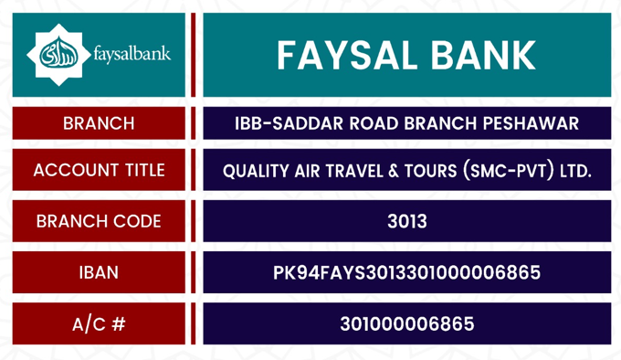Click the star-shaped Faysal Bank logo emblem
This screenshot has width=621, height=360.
coord(58,55)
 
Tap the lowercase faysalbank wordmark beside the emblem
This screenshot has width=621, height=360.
coord(132,54)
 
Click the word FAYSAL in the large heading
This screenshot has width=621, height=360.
coord(347,55)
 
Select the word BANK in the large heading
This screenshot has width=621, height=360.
coord(483,55)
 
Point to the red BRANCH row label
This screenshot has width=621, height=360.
coord(99,123)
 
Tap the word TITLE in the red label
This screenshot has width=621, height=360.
coord(145,170)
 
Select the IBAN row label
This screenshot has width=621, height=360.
coord(99,272)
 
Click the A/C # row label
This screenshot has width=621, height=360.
coord(99,324)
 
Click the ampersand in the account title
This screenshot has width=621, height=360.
coord(394,171)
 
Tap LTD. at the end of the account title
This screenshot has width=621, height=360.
coord(575,171)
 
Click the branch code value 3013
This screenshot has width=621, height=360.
coord(407,221)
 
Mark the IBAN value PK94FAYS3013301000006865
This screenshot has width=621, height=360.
coord(406,272)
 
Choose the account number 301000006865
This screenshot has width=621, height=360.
coord(407,324)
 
